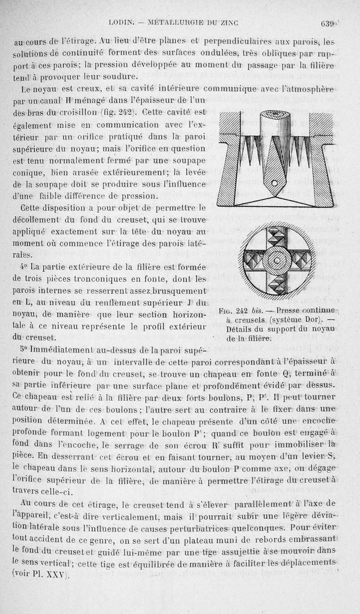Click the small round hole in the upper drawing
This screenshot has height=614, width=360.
(275, 182)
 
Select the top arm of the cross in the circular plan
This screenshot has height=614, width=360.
(276, 237)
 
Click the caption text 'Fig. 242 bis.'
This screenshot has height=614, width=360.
(238, 311)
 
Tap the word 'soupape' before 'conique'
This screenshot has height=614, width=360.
(188, 159)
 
